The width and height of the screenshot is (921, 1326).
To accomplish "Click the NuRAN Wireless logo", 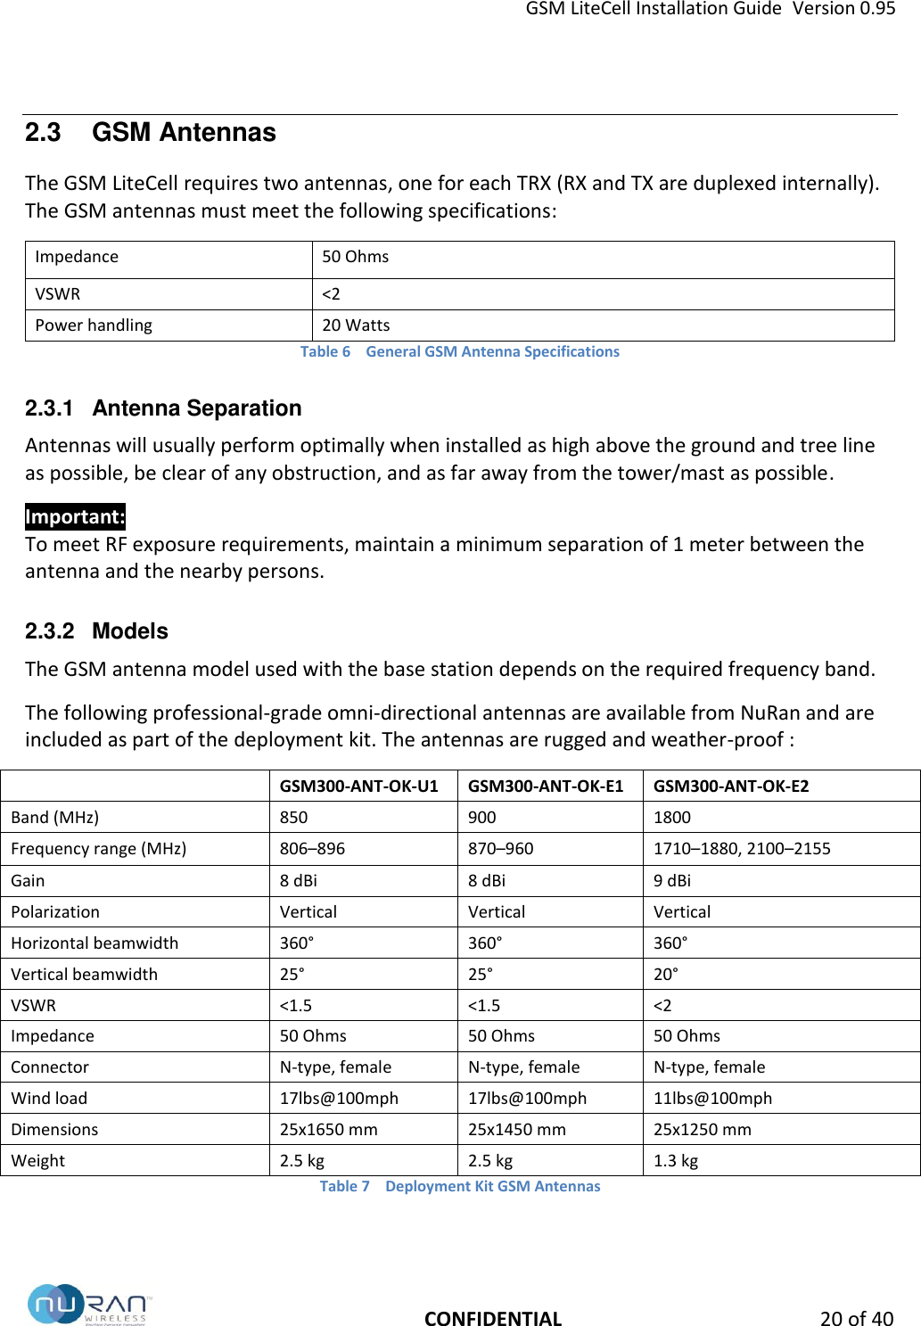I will (x=89, y=1305).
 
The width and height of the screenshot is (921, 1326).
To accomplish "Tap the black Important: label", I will (x=75, y=517).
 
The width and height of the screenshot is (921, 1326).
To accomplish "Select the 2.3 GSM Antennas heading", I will (x=150, y=133).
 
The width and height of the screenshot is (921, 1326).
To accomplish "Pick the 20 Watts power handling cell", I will (x=356, y=325).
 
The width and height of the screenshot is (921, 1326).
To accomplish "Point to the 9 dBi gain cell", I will (x=671, y=880).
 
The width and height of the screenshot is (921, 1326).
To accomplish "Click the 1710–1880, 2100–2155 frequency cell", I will (x=741, y=849).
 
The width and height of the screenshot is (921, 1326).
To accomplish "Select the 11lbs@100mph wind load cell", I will (x=712, y=1099).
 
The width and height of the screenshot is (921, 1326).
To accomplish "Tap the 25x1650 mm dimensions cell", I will (x=328, y=1130).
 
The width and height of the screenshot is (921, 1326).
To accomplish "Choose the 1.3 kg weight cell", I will (x=675, y=1161).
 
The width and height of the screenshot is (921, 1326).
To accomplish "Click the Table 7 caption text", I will (x=460, y=1186).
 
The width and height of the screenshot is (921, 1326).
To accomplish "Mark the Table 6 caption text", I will (x=459, y=351).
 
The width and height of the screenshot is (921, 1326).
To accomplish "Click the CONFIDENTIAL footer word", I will (x=492, y=1319).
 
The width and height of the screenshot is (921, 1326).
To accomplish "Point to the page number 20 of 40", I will (x=856, y=1319).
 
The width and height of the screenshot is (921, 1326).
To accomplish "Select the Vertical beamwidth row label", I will (x=84, y=974).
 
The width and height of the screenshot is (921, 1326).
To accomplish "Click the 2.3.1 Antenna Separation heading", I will (x=163, y=408).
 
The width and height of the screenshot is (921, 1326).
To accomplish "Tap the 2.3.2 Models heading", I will (x=96, y=631).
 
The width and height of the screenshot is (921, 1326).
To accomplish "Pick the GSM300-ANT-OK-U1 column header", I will (x=358, y=786).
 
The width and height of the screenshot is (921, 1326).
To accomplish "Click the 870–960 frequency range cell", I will (x=500, y=849).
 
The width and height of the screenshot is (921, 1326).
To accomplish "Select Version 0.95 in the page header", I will (x=843, y=9).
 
